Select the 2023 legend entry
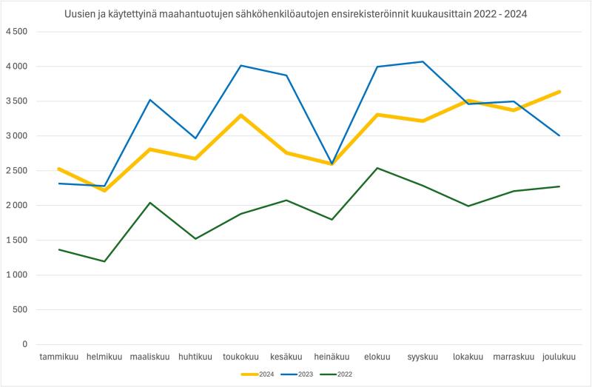coord(303,374)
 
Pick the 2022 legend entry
coord(345,374)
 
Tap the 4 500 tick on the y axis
coord(16,32)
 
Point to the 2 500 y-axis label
coord(16,171)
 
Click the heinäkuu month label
coord(332,357)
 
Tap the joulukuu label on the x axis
coord(559,357)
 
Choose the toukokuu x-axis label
coord(240,357)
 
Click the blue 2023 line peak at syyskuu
coord(423,61)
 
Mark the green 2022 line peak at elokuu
coord(377,168)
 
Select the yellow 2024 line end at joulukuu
coord(559,92)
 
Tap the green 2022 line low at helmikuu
coord(104,261)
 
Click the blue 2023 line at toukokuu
coord(240,66)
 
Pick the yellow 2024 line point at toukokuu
coord(240,115)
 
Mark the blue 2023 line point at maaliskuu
coord(149,100)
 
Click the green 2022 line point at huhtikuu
coord(195,238)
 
